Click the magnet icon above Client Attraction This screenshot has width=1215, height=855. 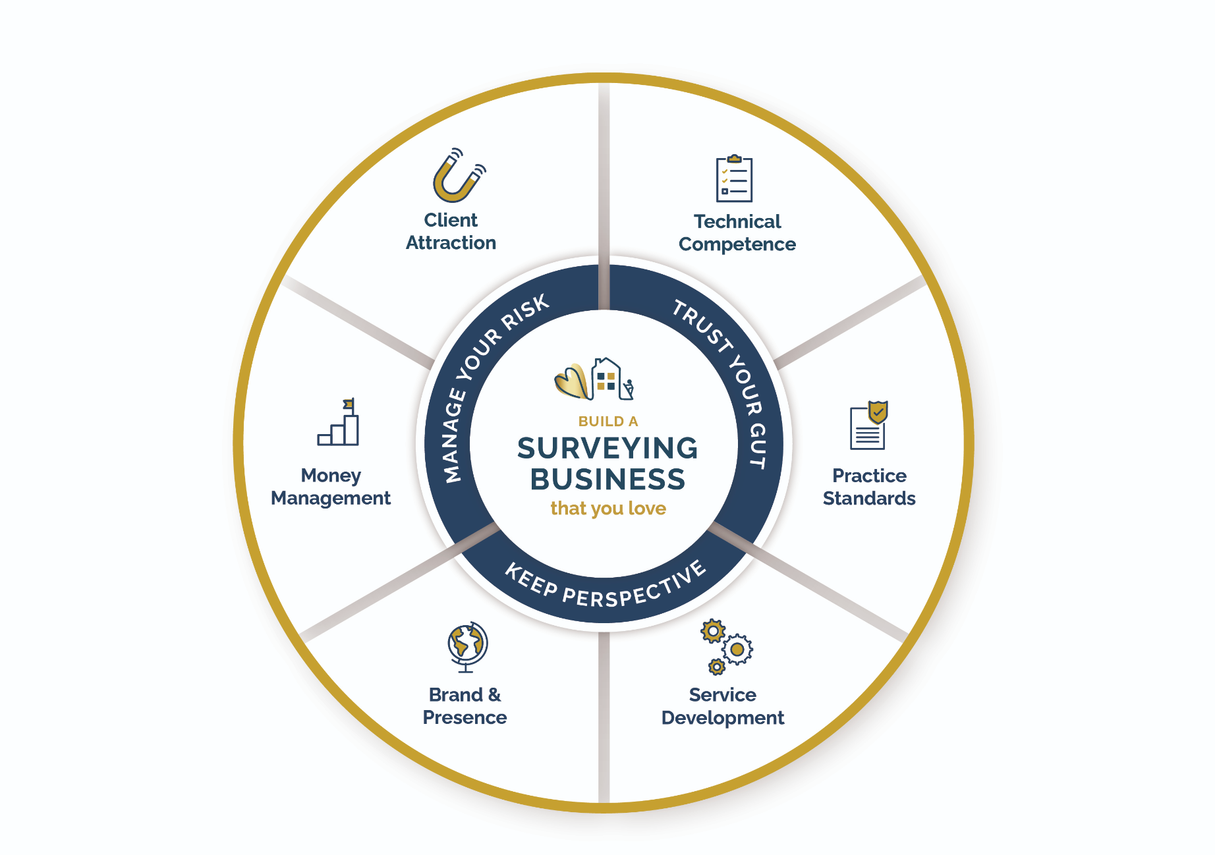click(457, 177)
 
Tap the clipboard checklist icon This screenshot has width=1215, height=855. click(734, 179)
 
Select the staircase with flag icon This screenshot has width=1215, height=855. click(339, 425)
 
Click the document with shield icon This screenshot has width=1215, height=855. click(868, 426)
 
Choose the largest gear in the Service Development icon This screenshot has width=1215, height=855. click(737, 649)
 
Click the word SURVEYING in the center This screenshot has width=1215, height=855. click(607, 449)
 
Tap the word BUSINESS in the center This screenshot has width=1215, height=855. click(607, 480)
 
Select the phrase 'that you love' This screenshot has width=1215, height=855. click(607, 509)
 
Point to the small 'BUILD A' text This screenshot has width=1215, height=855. click(607, 422)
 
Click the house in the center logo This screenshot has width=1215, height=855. click(607, 378)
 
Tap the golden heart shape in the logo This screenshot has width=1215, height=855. click(571, 382)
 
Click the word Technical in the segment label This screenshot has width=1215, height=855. click(737, 221)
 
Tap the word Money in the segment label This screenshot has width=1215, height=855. click(331, 476)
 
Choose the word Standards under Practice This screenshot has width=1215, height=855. click(868, 499)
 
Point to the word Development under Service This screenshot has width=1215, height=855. click(722, 718)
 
